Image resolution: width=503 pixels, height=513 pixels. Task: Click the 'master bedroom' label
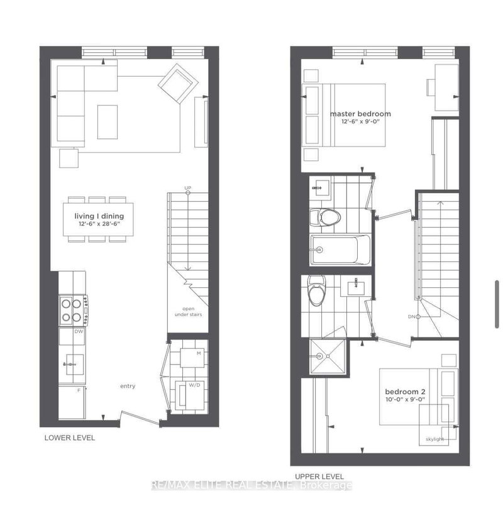coord(360,114)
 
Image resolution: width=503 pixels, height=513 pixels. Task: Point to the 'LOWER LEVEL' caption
coord(69,438)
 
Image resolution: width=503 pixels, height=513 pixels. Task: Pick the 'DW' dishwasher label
coord(79,331)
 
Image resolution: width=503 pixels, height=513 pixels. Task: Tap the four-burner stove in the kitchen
coord(73,309)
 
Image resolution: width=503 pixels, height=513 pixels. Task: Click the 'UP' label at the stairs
coord(187,188)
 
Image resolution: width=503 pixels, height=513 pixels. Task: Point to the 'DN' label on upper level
coord(412,316)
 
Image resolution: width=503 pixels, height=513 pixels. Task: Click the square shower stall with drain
coord(326,356)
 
